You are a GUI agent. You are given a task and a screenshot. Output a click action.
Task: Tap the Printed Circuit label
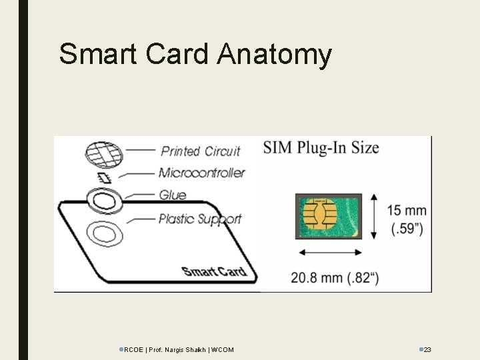[200, 151]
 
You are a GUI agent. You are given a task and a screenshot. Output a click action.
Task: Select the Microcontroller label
[201, 173]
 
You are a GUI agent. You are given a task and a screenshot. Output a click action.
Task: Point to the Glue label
[173, 195]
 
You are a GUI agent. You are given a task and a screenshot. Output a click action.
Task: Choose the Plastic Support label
[200, 218]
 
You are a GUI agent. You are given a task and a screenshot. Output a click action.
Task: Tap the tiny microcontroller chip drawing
[103, 177]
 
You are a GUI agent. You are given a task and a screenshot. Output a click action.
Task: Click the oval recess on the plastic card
[103, 234]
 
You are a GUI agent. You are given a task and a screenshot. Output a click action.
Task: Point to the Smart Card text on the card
[214, 271]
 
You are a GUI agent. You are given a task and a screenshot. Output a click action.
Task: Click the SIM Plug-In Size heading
[321, 148]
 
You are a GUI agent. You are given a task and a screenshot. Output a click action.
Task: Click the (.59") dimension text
[406, 230]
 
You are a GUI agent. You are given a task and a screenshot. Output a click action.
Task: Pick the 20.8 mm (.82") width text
[335, 278]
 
